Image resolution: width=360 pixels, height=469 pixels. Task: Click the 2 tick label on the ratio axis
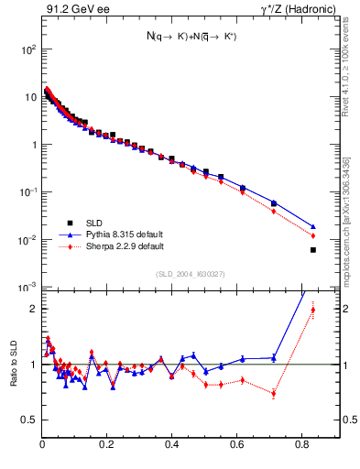[x=32, y=309]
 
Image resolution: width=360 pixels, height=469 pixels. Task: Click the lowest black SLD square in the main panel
[x=313, y=250]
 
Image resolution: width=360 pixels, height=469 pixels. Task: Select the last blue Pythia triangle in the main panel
[x=313, y=226]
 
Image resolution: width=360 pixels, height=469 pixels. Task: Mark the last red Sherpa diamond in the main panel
[x=313, y=235]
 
